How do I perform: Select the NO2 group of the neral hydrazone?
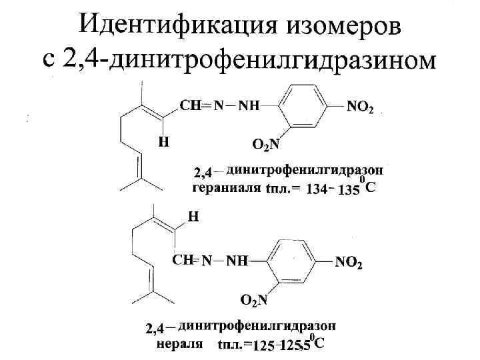click(349, 263)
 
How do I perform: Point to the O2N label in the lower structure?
click(253, 301)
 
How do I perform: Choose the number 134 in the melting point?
click(315, 190)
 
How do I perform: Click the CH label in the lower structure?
click(183, 259)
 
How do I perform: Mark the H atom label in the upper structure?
click(163, 141)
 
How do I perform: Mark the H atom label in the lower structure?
click(193, 217)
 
